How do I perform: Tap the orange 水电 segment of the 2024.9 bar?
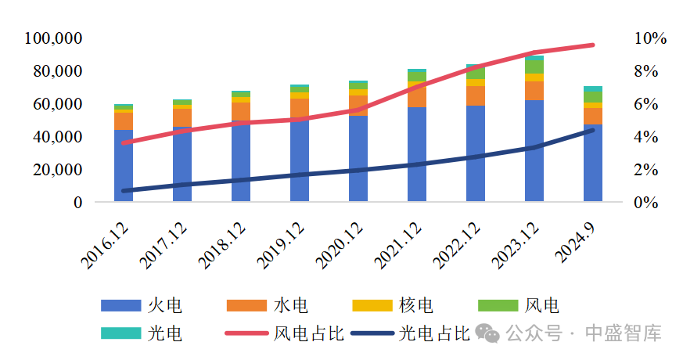(593, 116)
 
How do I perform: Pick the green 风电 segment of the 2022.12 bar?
(476, 74)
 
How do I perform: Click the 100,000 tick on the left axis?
(54, 38)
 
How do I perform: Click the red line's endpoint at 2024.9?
(593, 45)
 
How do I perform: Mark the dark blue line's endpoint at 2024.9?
(593, 130)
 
